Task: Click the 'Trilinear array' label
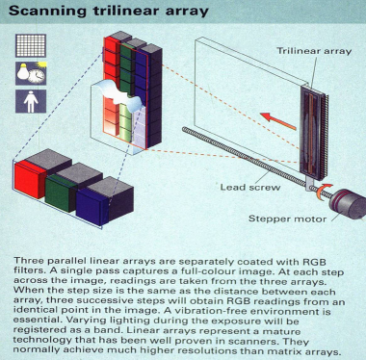[314, 51]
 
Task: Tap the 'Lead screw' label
[250, 187]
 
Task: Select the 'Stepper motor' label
[287, 219]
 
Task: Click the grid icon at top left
[31, 46]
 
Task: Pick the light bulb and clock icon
[31, 73]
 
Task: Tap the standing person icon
[31, 101]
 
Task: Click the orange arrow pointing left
[278, 121]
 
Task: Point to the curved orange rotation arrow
[323, 193]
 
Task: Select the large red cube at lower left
[30, 180]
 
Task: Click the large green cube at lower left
[61, 193]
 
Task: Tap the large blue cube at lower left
[92, 206]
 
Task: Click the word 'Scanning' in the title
[47, 12]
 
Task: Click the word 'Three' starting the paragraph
[27, 261]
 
